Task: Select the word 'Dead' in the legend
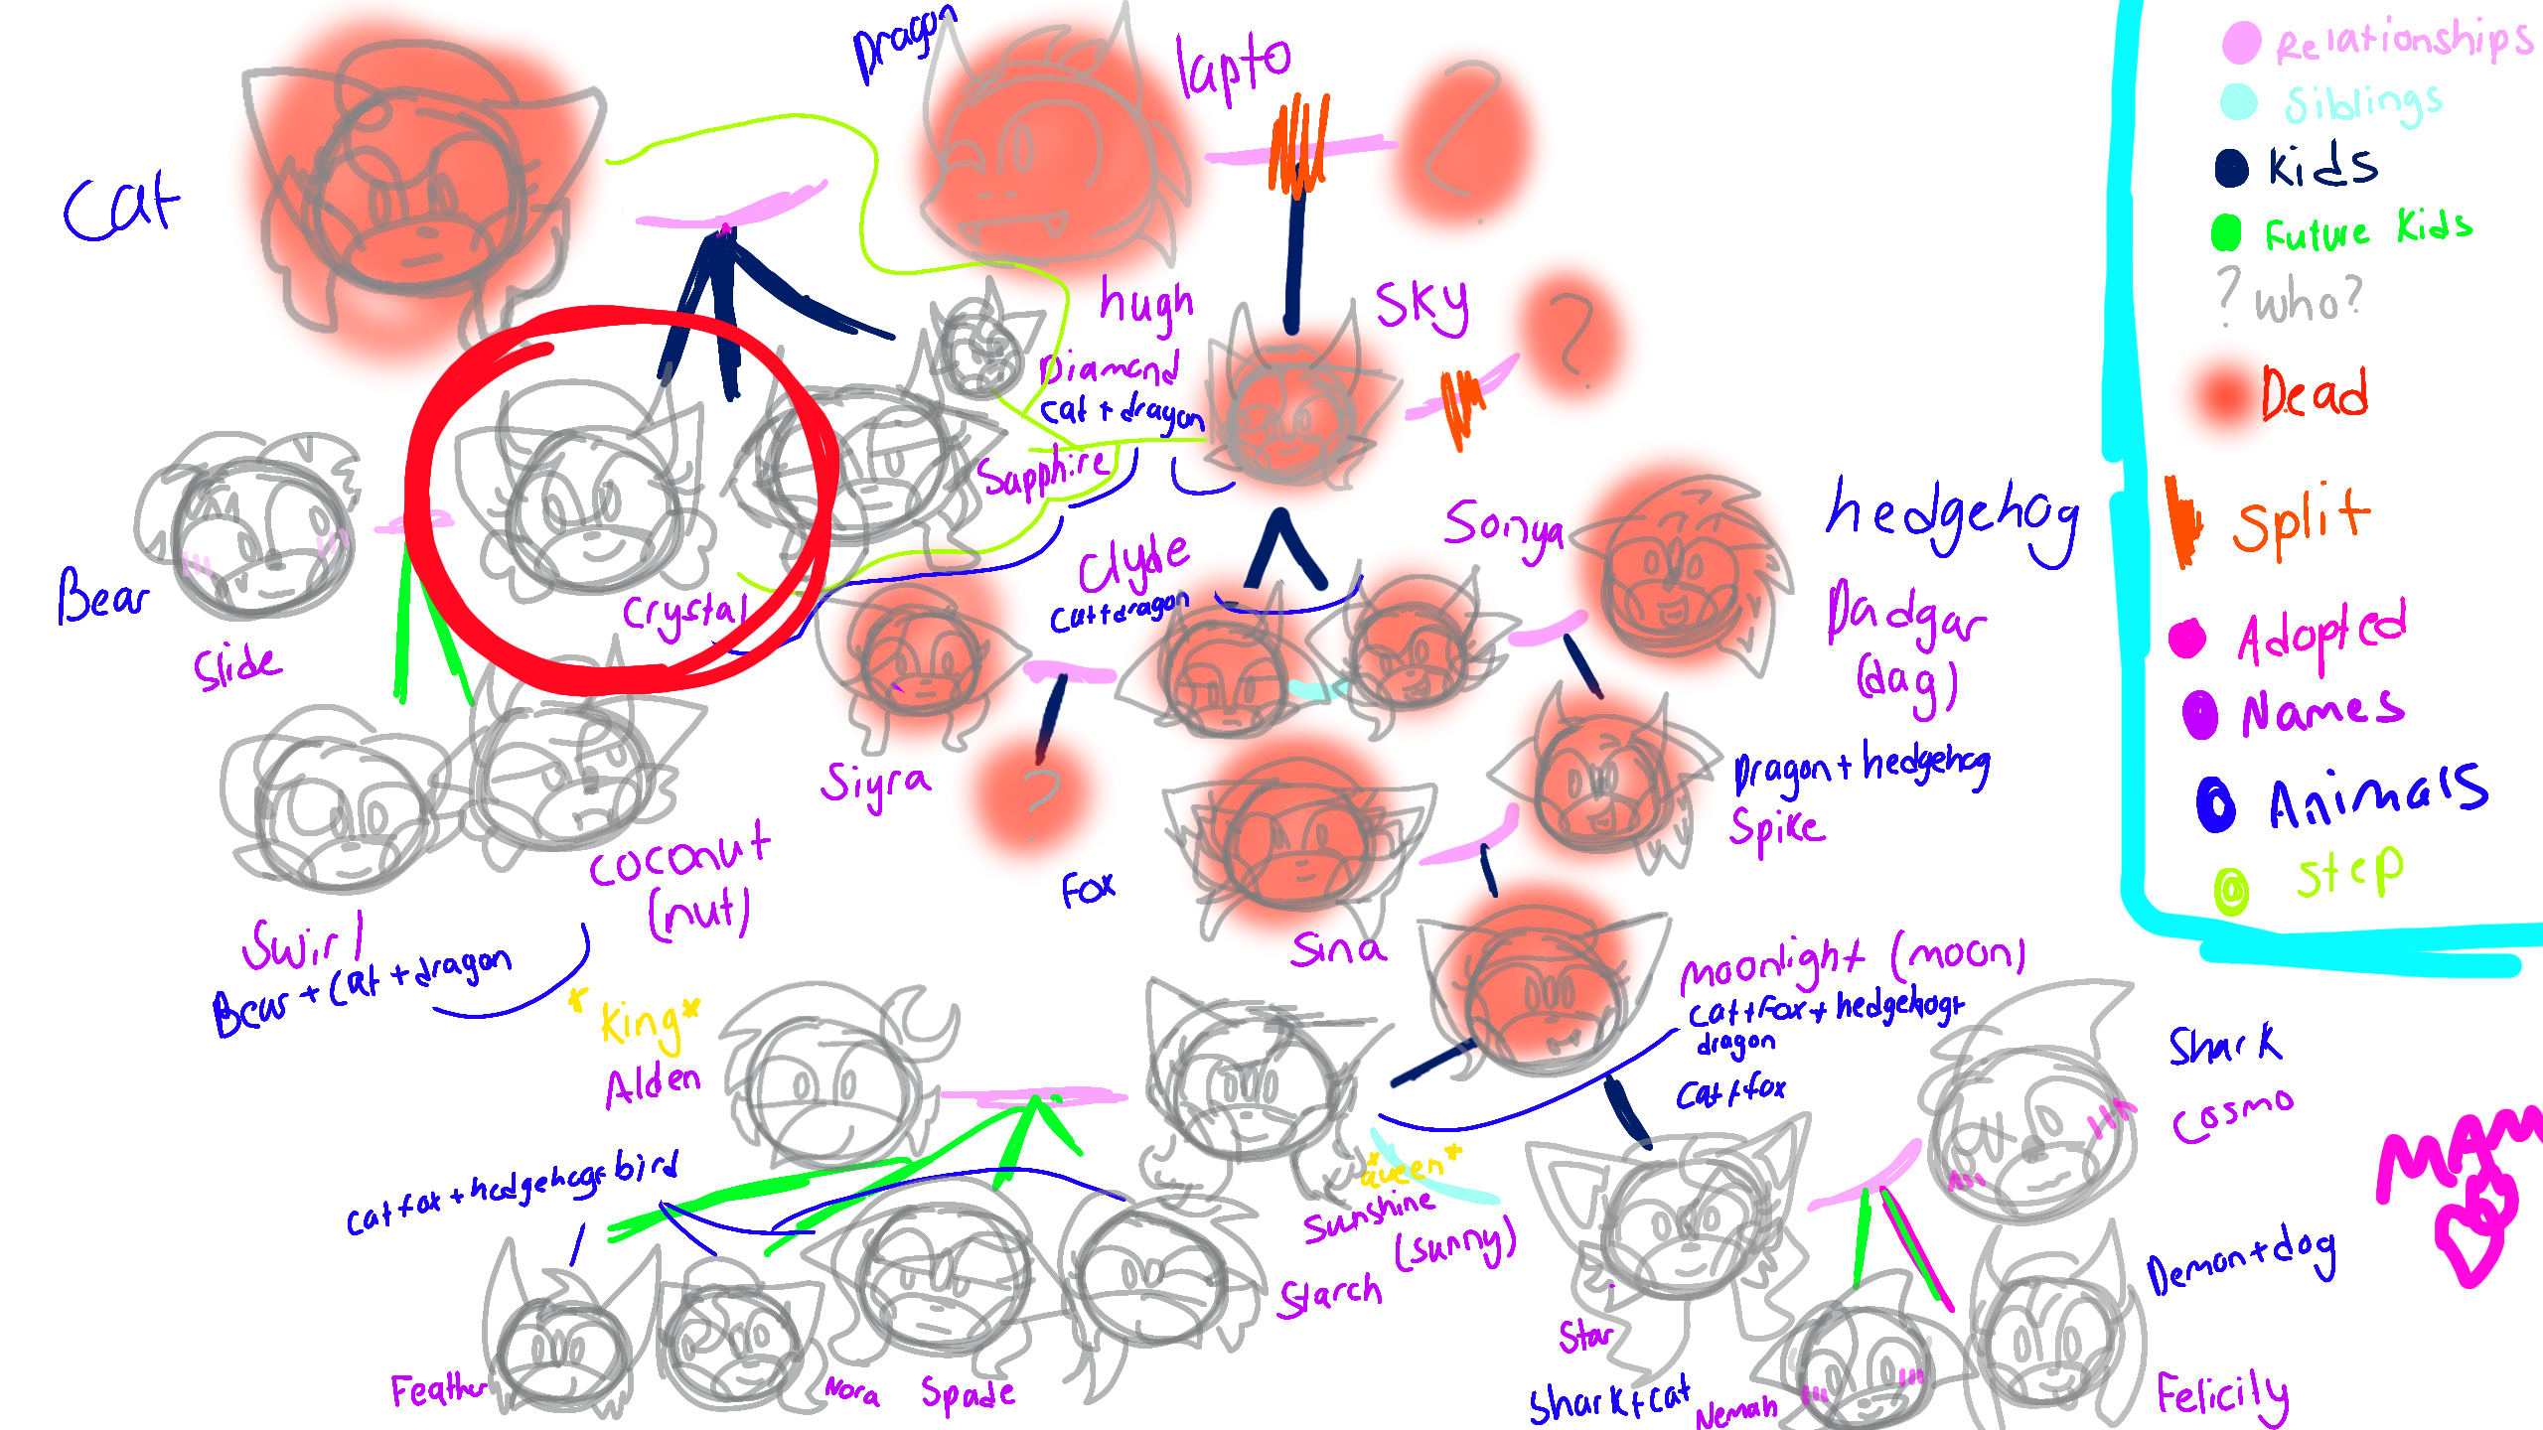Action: [2315, 393]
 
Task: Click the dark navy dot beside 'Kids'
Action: [2231, 168]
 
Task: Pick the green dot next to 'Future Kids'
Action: [2226, 232]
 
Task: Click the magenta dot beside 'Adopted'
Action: [2187, 639]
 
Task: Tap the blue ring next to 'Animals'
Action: [2215, 803]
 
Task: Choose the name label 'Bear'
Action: [101, 596]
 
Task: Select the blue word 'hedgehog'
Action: [1952, 518]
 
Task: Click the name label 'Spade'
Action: [967, 1392]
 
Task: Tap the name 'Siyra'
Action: [874, 783]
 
